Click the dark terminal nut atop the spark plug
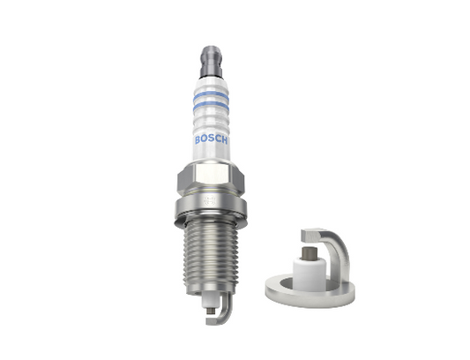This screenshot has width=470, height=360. coord(211,62)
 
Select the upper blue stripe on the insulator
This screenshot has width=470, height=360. coord(211,96)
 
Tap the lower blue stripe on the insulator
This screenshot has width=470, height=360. coord(211,106)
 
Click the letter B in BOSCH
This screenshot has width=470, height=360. coord(198,139)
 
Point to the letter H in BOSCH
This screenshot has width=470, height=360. coord(224,140)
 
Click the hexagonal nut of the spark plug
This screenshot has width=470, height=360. coord(211,178)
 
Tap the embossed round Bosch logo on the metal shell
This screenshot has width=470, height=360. coord(209,200)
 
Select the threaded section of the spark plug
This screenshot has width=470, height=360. coord(211,257)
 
